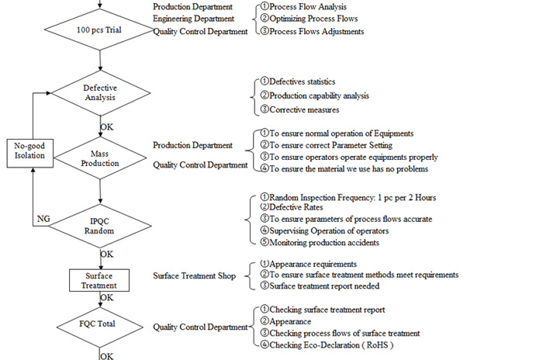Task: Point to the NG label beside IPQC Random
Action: click(43, 219)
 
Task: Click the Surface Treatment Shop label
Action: click(194, 275)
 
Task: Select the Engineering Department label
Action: click(194, 19)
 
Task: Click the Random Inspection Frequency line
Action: click(348, 198)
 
